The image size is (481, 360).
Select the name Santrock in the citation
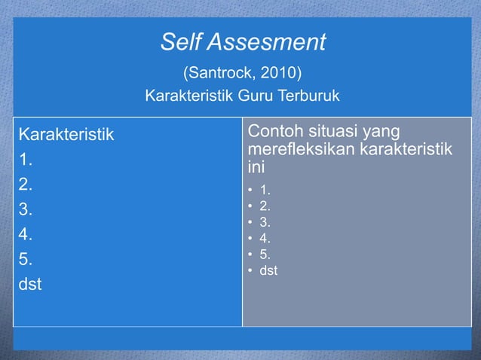pos(219,74)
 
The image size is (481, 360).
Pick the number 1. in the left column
pos(26,160)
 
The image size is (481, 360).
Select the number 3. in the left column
pos(26,210)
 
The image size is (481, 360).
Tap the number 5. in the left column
pos(26,260)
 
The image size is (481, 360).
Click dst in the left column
pos(30,285)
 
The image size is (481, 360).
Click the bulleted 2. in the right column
pos(265,205)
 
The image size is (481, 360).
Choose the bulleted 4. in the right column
pos(265,237)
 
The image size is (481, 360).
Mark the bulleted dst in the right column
pos(268,270)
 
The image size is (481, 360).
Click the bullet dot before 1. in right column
pos(250,189)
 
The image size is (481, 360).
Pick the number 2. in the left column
pos(26,185)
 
